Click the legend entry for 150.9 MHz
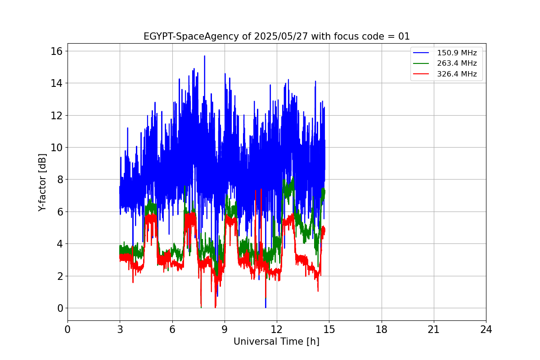coord(457,53)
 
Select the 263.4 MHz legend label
coord(457,63)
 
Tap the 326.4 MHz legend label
coord(457,74)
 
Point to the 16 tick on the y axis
coord(56,51)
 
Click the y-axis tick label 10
coord(56,148)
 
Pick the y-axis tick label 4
coord(59,244)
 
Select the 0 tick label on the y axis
coord(59,308)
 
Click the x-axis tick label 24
coord(486,329)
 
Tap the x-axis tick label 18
coord(382,329)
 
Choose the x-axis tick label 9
coord(225,329)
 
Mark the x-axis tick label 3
coord(120,329)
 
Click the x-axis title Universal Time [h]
coord(276,342)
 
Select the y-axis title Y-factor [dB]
coord(43,182)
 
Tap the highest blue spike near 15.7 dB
coord(204,57)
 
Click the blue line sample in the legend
coord(422,53)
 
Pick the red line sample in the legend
coord(422,74)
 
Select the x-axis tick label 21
coord(434,329)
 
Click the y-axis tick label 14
coord(56,83)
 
